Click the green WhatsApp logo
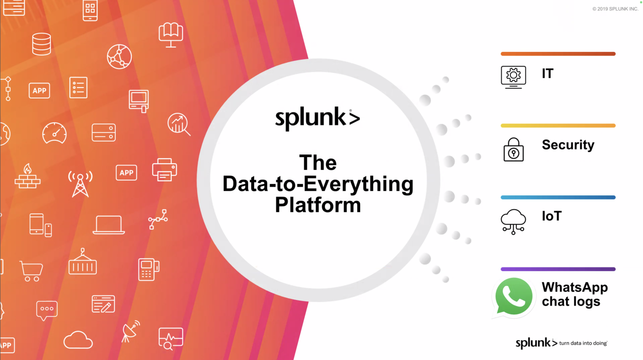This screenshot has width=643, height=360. pyautogui.click(x=514, y=296)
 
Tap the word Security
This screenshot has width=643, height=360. pyautogui.click(x=568, y=145)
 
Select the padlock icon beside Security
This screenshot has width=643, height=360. pyautogui.click(x=513, y=150)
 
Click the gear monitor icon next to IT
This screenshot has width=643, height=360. pyautogui.click(x=513, y=77)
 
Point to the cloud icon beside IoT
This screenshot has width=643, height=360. pyautogui.click(x=513, y=221)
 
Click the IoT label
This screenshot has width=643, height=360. pyautogui.click(x=552, y=216)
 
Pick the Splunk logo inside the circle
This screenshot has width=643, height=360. pyautogui.click(x=317, y=118)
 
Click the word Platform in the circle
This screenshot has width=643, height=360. pyautogui.click(x=318, y=205)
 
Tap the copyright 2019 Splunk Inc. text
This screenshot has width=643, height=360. pyautogui.click(x=615, y=9)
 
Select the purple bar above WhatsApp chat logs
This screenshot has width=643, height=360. pyautogui.click(x=558, y=269)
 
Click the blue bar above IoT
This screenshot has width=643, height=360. pyautogui.click(x=558, y=197)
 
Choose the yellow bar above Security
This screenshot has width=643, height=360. pyautogui.click(x=558, y=126)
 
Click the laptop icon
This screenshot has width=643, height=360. pyautogui.click(x=109, y=225)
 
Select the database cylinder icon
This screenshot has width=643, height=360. pyautogui.click(x=41, y=44)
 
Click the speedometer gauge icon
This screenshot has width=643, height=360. pyautogui.click(x=54, y=133)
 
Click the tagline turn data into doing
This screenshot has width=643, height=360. pyautogui.click(x=583, y=343)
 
